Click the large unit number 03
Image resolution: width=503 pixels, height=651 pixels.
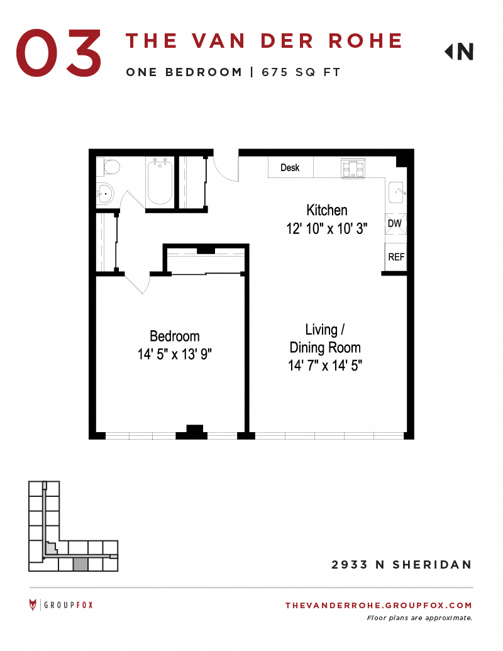(x=58, y=53)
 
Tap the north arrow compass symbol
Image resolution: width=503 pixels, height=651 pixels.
(x=459, y=52)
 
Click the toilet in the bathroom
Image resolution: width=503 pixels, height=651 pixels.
(x=109, y=167)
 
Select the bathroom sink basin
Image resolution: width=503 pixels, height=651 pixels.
(x=106, y=194)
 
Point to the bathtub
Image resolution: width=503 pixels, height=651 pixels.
(x=160, y=182)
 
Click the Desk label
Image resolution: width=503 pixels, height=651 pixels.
(x=290, y=167)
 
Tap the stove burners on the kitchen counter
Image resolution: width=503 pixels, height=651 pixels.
(x=353, y=169)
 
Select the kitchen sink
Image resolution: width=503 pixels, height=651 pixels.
(x=397, y=192)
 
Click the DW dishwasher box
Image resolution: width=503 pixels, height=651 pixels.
(x=395, y=224)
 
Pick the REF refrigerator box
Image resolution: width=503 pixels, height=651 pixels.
(x=396, y=257)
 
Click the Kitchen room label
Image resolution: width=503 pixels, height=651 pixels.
(x=326, y=210)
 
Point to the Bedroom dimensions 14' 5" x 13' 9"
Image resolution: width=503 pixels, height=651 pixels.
(x=175, y=354)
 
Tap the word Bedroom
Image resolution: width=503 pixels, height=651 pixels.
(x=175, y=336)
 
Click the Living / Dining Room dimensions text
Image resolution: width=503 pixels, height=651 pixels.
(x=325, y=365)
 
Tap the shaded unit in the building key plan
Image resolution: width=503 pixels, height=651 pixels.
(x=80, y=564)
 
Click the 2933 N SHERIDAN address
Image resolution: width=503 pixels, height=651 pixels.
(x=401, y=565)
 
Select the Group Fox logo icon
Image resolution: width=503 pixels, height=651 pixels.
(x=33, y=604)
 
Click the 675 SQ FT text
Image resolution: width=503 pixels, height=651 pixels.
(x=301, y=72)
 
